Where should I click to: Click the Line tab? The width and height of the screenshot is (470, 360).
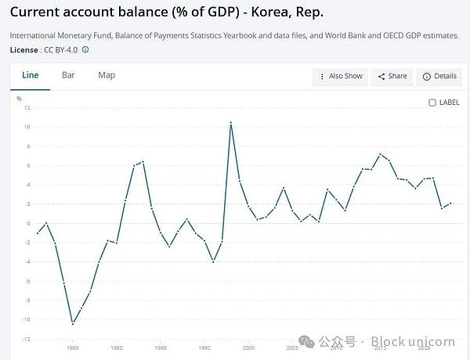30,75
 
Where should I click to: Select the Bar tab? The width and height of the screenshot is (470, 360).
68,75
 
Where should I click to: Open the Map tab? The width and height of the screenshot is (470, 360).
107,75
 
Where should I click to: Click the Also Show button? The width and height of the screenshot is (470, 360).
342,76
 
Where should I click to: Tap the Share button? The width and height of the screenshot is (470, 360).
392,76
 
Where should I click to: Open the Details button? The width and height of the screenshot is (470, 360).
439,76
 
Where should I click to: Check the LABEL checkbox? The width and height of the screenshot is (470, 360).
432,103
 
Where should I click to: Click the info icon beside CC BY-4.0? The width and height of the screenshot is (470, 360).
85,49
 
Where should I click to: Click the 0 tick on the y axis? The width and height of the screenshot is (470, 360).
27,223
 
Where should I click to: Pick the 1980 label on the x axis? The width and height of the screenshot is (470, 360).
73,347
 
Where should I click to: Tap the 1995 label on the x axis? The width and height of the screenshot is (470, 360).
204,347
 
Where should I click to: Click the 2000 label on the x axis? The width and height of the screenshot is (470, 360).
248,347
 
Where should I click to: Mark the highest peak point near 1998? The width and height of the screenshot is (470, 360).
231,123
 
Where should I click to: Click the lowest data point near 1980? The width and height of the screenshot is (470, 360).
73,323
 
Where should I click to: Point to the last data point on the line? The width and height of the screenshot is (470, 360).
450,203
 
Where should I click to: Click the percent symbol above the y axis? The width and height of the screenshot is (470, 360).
19,99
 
